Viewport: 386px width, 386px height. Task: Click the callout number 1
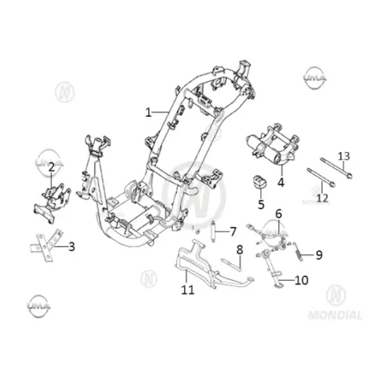pos(148,113)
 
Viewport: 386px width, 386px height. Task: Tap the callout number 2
pos(51,167)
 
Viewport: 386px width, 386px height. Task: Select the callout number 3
pos(72,247)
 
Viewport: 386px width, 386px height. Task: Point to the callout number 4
pos(281,183)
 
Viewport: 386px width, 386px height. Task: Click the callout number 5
pos(261,204)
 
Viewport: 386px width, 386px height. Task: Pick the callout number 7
pos(233,232)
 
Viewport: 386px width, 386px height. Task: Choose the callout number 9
pos(318,255)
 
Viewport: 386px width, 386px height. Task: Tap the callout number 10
pos(302,280)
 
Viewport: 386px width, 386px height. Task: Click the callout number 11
pos(187,289)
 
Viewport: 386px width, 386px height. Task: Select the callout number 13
pos(343,156)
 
